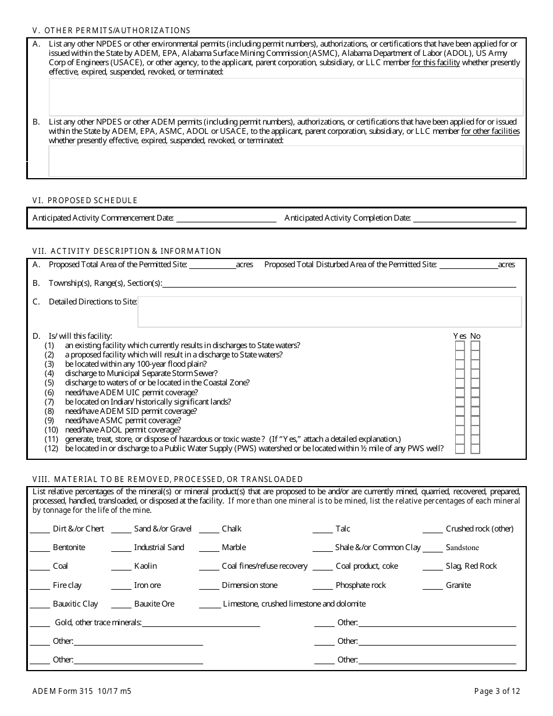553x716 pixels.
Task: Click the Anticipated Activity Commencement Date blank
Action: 226,218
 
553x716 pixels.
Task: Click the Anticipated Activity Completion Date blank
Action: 464,218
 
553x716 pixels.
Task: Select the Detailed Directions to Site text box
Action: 329,312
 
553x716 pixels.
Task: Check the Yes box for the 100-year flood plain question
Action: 460,364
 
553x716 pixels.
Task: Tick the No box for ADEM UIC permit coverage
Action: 476,392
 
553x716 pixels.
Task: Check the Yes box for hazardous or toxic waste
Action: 460,439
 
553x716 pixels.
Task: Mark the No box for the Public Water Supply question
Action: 476,449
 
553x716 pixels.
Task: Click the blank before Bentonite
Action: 40,548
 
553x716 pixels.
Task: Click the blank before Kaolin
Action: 121,566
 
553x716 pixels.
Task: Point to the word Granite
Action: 458,585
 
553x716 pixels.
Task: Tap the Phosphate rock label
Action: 360,585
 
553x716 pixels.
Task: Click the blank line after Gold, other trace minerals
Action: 201,623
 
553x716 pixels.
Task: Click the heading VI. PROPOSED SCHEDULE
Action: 85,200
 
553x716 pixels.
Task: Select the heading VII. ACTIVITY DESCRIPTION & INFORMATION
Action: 127,251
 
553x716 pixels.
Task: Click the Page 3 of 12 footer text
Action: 497,692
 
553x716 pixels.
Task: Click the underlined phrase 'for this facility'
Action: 436,63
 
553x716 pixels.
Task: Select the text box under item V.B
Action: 286,161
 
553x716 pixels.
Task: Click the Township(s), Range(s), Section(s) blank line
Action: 339,283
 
